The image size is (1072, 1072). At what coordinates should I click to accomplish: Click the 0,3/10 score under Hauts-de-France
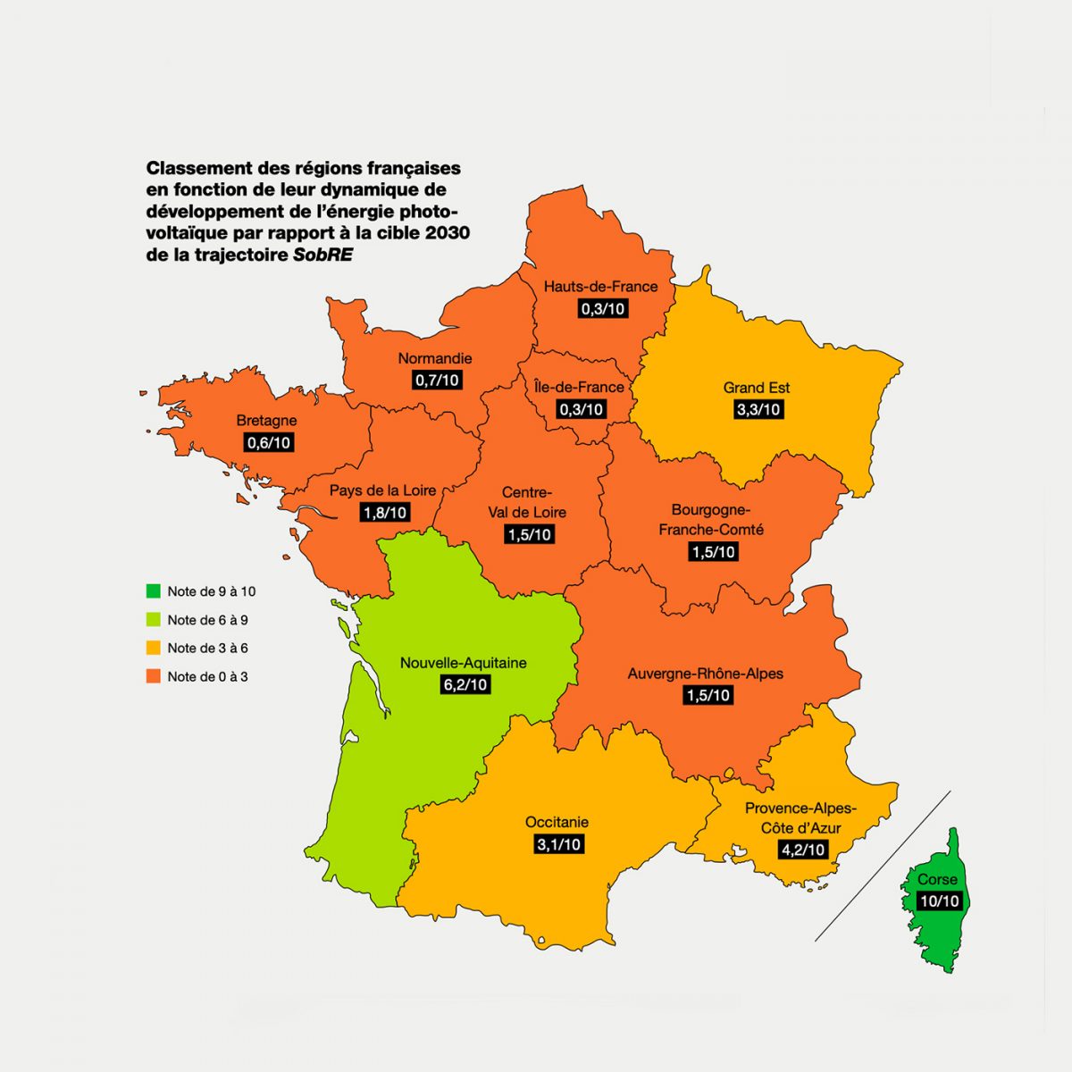coord(603,309)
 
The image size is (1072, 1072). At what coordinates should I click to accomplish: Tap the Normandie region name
coord(435,358)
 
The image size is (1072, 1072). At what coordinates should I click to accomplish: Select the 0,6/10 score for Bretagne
coord(268,443)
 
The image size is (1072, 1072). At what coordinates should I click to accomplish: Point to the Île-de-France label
coord(579,387)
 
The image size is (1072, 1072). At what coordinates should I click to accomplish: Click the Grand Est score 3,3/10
coord(758,410)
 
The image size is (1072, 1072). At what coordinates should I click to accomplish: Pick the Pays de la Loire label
coord(382,490)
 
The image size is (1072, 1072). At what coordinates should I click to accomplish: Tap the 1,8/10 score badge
coord(385,513)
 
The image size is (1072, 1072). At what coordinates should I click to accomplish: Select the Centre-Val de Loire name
coord(527,502)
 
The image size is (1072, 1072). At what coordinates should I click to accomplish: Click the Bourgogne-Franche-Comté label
coord(711,519)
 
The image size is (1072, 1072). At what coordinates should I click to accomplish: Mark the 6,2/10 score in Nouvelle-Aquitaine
coord(465,685)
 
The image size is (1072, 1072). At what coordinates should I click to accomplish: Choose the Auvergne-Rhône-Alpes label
coord(705,674)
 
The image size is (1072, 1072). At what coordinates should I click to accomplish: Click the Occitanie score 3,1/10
coord(558,844)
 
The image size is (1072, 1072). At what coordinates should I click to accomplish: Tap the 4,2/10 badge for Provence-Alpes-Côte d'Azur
coord(803,850)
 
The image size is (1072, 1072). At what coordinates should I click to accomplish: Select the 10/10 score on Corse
coord(939,901)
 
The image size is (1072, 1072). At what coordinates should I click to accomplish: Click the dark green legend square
coord(154,591)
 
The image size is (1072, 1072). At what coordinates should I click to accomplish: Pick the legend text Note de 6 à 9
coord(207,620)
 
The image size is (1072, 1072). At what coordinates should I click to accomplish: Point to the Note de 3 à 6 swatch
coord(154,649)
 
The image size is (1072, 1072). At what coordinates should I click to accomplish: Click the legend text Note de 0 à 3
coord(207,677)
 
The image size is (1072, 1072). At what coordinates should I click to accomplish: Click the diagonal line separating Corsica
coord(882,867)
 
